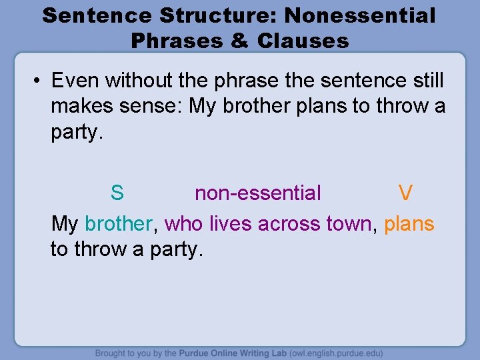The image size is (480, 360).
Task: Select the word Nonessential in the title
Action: point(360,15)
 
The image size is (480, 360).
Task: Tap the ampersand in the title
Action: point(239,41)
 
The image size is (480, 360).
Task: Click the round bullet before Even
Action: point(38,81)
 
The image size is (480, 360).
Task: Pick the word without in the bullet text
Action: point(131,81)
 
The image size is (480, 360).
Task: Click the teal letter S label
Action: point(117,193)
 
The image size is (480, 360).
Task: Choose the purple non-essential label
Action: point(257,193)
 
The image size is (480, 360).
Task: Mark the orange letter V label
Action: point(405,193)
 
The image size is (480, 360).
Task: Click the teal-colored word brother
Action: point(119,223)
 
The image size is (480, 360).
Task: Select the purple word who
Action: point(184,223)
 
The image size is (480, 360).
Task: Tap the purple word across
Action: point(289,223)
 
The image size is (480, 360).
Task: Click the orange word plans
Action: point(409,223)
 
